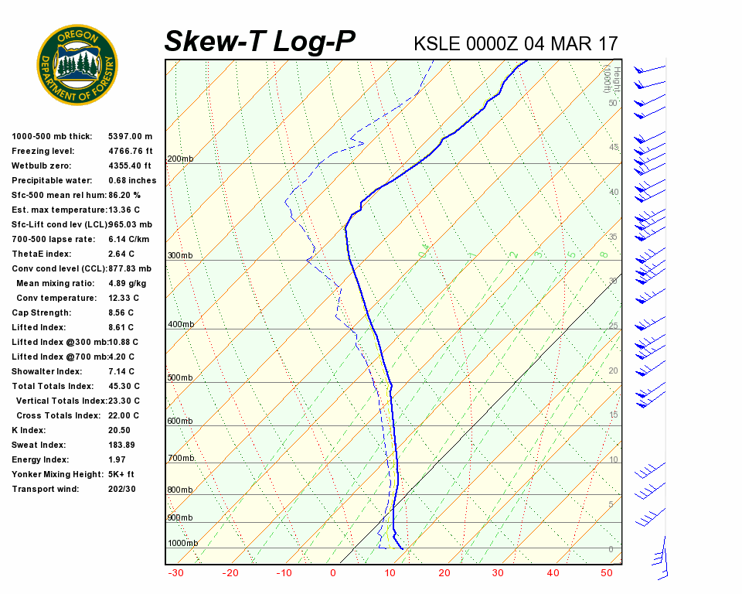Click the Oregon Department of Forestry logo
[77, 65]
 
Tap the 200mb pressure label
[180, 159]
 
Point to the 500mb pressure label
[180, 378]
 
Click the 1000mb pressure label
[182, 544]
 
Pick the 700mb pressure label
[180, 459]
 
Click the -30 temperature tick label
[175, 573]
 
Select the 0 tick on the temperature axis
[333, 573]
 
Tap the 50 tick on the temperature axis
[607, 573]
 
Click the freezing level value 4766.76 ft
[130, 152]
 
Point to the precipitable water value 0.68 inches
[132, 181]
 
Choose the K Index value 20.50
[120, 431]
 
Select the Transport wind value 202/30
[122, 490]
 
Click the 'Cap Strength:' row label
[41, 313]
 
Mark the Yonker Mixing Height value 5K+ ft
[121, 475]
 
